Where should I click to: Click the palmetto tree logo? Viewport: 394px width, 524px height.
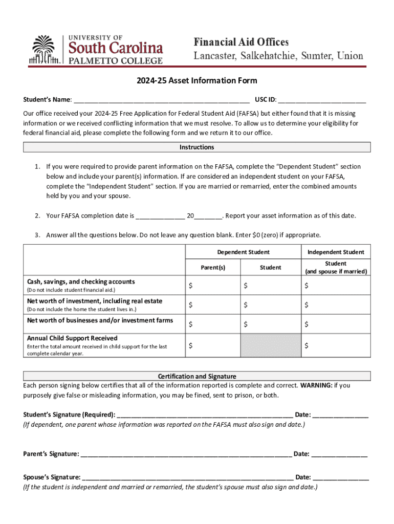pos(44,50)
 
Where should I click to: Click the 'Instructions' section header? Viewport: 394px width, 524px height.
pos(196,147)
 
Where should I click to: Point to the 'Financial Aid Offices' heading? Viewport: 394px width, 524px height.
pos(240,42)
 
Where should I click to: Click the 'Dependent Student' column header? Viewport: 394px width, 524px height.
pos(243,252)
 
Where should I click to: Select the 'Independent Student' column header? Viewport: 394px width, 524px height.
pos(336,252)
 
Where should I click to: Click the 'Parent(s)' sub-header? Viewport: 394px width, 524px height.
pos(212,267)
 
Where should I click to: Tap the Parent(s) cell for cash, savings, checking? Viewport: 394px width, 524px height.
pos(212,286)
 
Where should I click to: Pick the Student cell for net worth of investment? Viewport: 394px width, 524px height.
pos(270,305)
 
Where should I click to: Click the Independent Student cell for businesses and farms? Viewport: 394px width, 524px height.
pos(336,324)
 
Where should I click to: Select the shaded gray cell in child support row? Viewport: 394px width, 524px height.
pos(270,345)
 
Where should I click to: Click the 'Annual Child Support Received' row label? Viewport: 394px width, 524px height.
pos(72,338)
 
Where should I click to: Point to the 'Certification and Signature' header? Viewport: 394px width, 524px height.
pos(196,376)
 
